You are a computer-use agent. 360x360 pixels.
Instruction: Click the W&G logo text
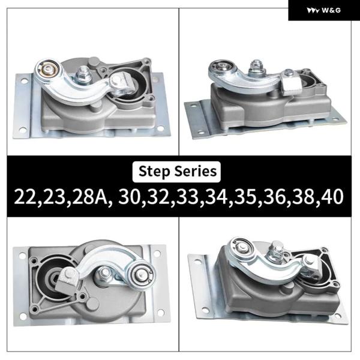[331, 10]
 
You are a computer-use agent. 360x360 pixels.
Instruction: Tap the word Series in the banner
[196, 171]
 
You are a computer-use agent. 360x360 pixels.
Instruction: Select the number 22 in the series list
[25, 197]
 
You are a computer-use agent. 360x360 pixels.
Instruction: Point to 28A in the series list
[89, 197]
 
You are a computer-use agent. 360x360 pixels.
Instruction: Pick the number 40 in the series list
[332, 197]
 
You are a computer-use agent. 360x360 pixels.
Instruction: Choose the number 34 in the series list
[216, 197]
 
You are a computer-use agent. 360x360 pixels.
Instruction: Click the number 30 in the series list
[129, 197]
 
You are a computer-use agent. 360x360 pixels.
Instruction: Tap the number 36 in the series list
[274, 197]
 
